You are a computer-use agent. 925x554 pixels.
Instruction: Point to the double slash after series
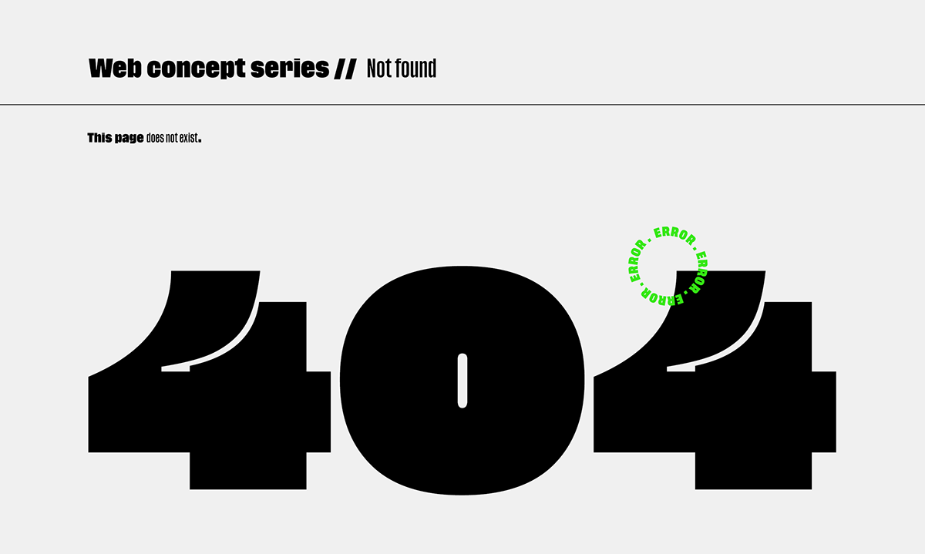click(x=345, y=69)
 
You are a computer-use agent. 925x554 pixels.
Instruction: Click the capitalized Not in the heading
click(x=378, y=69)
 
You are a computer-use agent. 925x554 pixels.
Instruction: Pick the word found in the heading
click(x=416, y=69)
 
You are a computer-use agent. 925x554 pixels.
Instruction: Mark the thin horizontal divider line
click(x=462, y=104)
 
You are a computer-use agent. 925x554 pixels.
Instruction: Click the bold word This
click(x=100, y=138)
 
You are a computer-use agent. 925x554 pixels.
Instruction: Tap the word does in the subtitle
click(x=155, y=139)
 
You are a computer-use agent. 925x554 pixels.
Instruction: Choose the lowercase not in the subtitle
click(x=172, y=139)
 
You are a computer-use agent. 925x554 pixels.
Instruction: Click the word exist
click(x=189, y=139)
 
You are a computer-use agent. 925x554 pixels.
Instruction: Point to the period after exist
click(x=200, y=141)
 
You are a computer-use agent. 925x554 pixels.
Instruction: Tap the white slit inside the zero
click(x=462, y=380)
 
